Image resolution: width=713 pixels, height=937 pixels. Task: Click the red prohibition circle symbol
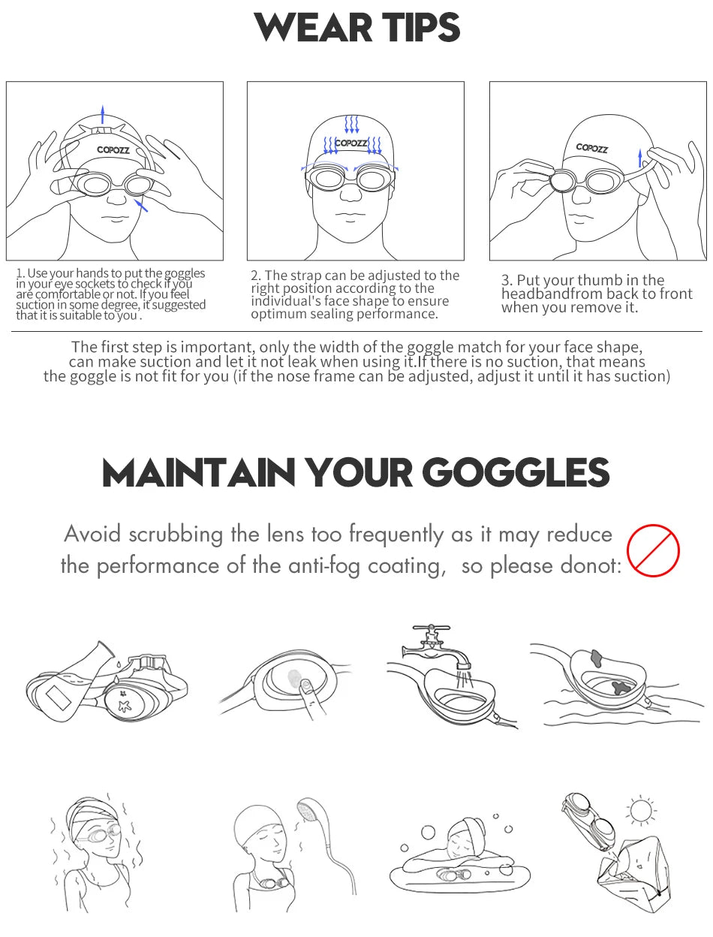[x=653, y=550]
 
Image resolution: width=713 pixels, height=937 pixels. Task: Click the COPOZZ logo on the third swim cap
[x=592, y=148]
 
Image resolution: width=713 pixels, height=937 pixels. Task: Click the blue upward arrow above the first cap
[x=102, y=115]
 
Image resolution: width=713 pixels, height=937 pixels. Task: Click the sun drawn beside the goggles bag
[x=642, y=811]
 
